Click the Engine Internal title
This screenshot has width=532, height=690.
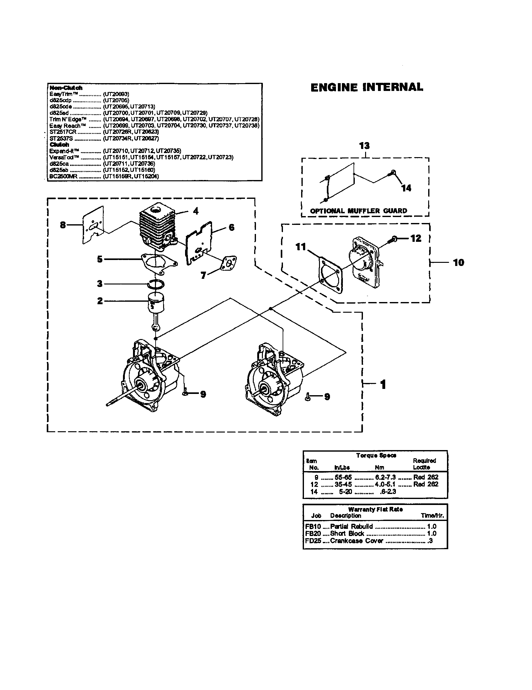(x=366, y=88)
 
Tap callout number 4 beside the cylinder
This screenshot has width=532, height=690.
(x=195, y=211)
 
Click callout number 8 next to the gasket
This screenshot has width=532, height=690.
(x=63, y=225)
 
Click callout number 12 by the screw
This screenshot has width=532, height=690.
(x=416, y=238)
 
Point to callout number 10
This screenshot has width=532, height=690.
(x=458, y=262)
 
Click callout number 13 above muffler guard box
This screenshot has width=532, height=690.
(x=364, y=146)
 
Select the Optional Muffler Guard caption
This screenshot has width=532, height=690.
(x=358, y=211)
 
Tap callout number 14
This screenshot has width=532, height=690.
(x=406, y=188)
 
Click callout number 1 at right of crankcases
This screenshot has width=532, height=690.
(x=383, y=385)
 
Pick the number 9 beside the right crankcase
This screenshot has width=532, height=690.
(x=327, y=396)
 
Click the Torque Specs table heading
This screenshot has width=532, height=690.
(x=376, y=455)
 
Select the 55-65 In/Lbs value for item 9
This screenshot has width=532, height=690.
(x=343, y=477)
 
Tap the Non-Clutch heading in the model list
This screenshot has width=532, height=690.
(x=66, y=88)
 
